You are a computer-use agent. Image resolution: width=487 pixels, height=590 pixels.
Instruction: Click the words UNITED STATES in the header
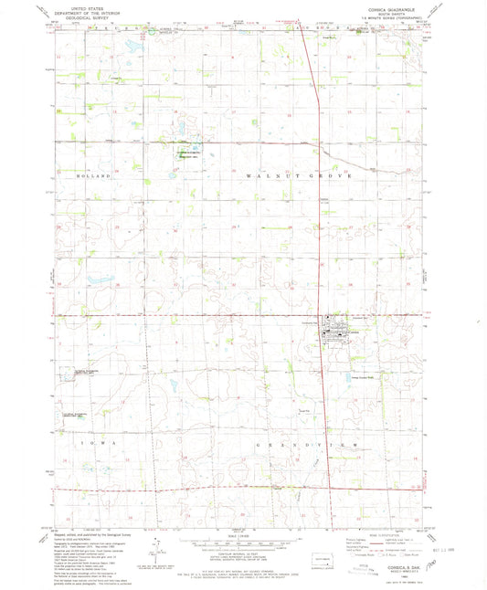[x=79, y=5]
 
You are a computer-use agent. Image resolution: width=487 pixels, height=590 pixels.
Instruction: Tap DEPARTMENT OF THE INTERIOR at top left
[x=79, y=10]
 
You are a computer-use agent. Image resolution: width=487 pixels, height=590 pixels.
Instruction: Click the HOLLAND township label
[x=95, y=174]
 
